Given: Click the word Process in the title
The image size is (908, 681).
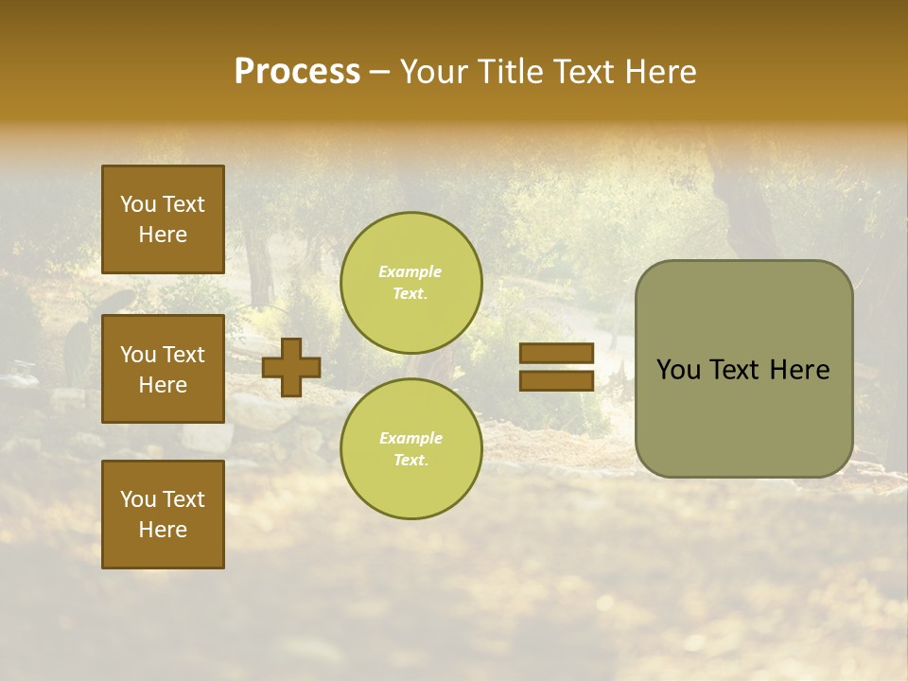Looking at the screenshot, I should pos(297,72).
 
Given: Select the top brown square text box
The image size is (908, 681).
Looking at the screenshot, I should pos(163,219).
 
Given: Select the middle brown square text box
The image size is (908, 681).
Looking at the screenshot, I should pos(163,369).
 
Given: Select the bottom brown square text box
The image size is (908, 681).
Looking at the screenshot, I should pos(163,515).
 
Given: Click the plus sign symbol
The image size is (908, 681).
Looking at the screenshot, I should pos(291,368).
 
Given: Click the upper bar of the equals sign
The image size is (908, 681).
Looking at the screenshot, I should pos(556,354).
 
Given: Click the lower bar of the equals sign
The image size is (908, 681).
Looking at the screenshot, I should pos(556,380).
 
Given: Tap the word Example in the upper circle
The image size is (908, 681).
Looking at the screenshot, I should pos(410,271).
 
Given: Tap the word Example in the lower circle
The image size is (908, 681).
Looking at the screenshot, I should pos(410,438).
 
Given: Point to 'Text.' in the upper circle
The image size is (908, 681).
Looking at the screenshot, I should pos(410,293).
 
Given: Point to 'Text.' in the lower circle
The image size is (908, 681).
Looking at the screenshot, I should pos(410,460).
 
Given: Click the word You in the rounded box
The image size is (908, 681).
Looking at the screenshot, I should pos(678,370).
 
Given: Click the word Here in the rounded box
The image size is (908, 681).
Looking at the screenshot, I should pos(800,370).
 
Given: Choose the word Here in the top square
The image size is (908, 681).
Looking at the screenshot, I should pos(163,235).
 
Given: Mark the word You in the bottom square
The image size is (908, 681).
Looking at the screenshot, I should pos(138,499).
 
